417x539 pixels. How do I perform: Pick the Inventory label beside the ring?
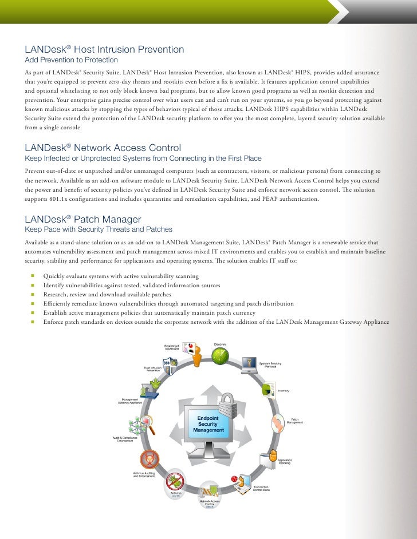click(x=284, y=391)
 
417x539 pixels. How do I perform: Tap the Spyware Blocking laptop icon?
click(x=249, y=364)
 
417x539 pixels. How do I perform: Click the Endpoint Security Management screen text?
click(x=208, y=424)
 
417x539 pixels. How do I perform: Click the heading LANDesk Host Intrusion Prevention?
click(x=104, y=50)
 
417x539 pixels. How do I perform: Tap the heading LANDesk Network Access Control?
click(x=103, y=147)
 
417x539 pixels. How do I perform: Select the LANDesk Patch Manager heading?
click(x=83, y=219)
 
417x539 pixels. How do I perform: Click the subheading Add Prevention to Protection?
click(x=71, y=60)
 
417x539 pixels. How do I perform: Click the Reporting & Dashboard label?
click(x=172, y=347)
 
